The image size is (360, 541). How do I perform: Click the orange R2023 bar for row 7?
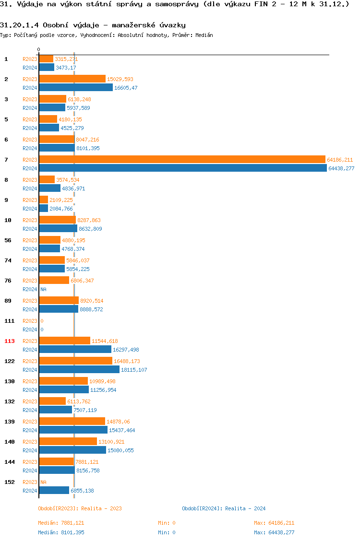click(x=182, y=159)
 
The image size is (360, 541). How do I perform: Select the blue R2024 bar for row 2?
click(x=76, y=87)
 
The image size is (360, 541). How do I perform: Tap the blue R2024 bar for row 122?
click(x=79, y=369)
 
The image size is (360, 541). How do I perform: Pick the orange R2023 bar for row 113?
click(x=65, y=341)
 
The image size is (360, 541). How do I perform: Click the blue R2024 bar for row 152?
click(x=54, y=490)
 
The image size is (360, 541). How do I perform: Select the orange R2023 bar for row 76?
click(x=54, y=280)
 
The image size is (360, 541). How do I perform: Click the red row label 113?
click(x=10, y=341)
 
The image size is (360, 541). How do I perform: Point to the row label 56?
click(x=8, y=240)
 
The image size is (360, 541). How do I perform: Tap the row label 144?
click(x=10, y=462)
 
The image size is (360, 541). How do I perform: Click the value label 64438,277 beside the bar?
click(x=341, y=168)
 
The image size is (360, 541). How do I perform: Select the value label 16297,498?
click(x=126, y=350)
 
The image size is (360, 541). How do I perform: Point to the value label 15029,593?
click(x=120, y=79)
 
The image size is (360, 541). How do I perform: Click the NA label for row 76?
click(x=43, y=289)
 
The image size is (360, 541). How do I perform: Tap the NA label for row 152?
click(x=43, y=482)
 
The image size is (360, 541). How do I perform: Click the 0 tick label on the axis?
click(x=38, y=49)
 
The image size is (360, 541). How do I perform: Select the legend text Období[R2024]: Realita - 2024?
click(x=224, y=508)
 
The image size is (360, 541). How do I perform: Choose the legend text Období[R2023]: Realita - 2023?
click(x=80, y=508)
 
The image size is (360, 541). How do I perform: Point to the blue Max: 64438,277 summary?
click(x=274, y=532)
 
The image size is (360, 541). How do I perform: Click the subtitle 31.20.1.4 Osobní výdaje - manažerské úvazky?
click(x=93, y=25)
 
